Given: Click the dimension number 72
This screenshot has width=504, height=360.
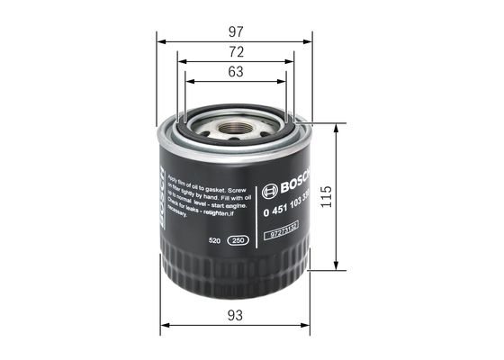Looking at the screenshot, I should [x=236, y=52].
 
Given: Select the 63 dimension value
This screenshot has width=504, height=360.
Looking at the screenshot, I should [x=235, y=72].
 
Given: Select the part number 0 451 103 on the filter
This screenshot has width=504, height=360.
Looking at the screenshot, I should [x=286, y=210].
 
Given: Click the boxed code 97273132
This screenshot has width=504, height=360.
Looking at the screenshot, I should [x=285, y=234].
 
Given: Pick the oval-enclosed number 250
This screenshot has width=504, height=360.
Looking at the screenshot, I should [x=239, y=241].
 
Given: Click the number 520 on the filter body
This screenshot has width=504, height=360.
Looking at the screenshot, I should [x=215, y=241].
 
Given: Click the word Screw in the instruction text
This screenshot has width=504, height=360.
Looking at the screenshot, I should [x=236, y=193].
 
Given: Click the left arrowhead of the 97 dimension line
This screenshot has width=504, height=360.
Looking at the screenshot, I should [x=161, y=41].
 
